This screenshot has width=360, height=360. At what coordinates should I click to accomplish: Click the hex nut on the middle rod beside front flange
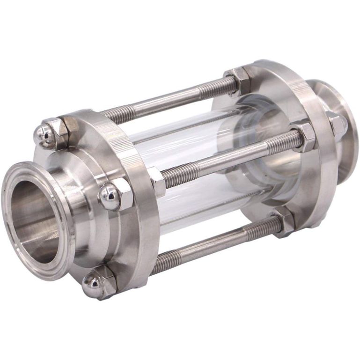157,180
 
